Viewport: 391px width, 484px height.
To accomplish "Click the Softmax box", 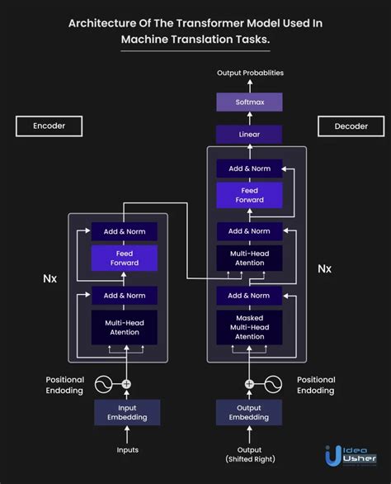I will [249, 102].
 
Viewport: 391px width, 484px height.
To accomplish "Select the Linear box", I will [249, 134].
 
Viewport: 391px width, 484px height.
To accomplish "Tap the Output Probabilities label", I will [250, 73].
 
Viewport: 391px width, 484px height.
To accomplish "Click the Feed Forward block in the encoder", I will [125, 258].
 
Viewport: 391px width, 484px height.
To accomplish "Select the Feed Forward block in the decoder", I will [249, 195].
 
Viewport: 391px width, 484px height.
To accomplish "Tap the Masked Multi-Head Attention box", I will [249, 327].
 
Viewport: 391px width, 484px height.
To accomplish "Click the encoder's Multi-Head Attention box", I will [125, 327].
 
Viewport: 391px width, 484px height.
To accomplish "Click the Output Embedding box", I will [249, 412].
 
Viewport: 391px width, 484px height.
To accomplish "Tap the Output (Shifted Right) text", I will [249, 454].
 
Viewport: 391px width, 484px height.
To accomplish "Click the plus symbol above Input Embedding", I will [126, 384].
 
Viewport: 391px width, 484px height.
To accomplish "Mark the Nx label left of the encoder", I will [50, 278].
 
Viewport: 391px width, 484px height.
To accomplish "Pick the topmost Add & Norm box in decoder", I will [249, 168].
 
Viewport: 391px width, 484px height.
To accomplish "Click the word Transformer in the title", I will [204, 23].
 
